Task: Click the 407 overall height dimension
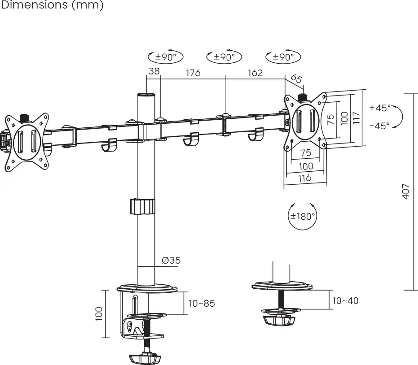(405, 191)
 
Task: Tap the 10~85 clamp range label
(201, 304)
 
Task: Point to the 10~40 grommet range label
(345, 300)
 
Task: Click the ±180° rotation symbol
(302, 216)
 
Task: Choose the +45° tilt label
(379, 108)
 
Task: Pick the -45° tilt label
(379, 126)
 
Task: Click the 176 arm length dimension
(193, 73)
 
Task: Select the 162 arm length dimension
(255, 73)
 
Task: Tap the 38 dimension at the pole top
(154, 72)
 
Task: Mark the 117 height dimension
(356, 118)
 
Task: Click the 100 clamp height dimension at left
(99, 313)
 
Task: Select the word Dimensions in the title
(34, 5)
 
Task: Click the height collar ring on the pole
(143, 207)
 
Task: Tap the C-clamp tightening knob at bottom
(145, 359)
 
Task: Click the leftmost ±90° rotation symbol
(166, 57)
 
